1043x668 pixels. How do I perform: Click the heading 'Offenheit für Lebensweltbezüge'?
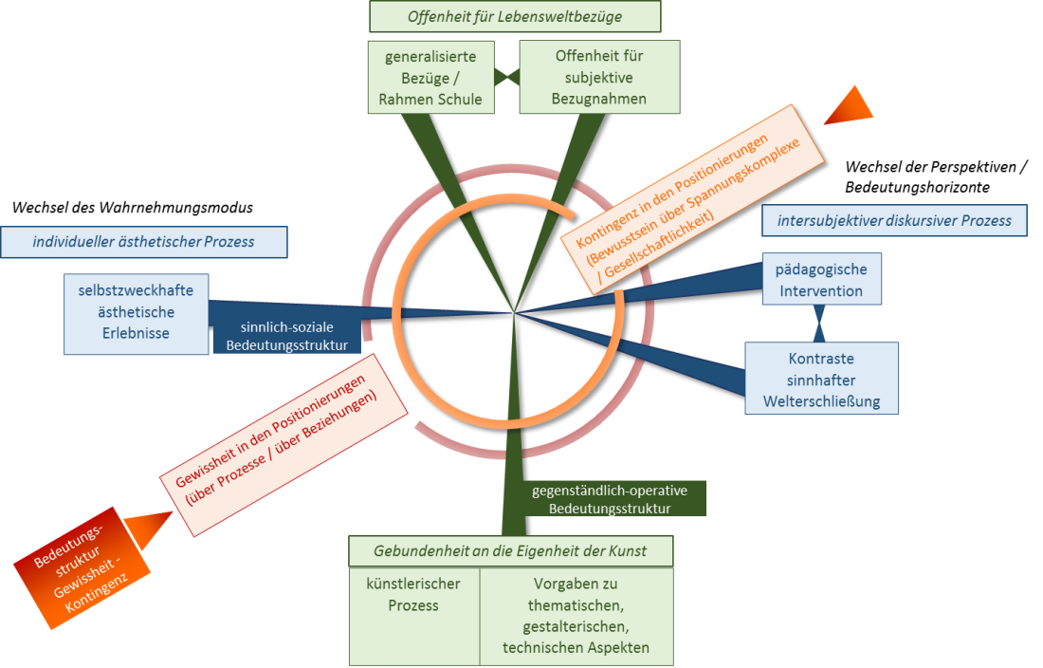coord(502,17)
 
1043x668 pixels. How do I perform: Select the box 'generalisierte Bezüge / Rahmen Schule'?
coord(430,77)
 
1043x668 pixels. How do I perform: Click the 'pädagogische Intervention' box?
coord(821,279)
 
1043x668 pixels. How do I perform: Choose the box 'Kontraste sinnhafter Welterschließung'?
coord(821,379)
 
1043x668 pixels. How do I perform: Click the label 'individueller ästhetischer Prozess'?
coord(144,241)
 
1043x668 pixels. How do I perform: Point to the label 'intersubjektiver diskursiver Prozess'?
coord(894,221)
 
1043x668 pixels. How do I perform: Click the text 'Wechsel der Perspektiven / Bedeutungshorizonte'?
coord(936,176)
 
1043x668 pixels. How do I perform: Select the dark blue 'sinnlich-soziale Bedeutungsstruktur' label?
coord(286,335)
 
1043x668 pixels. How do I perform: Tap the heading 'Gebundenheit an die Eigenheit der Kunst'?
coord(510,551)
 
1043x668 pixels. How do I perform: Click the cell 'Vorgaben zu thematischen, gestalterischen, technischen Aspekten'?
coord(576,615)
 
